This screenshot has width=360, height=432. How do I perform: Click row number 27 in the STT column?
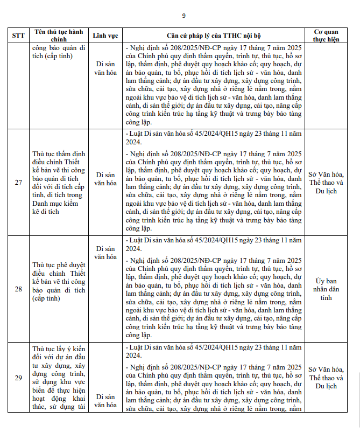(x=18, y=183)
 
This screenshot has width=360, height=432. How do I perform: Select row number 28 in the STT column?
(x=18, y=289)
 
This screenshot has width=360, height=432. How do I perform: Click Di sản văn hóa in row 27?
(x=105, y=179)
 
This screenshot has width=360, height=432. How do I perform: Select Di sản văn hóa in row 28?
(x=105, y=253)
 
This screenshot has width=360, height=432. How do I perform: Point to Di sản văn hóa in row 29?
(x=105, y=401)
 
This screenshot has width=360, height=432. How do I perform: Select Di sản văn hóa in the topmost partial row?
(x=105, y=67)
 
